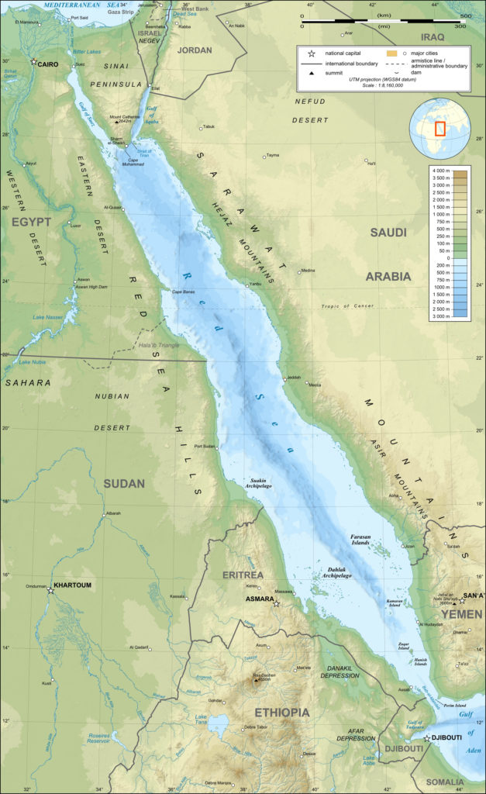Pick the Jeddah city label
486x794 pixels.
pos(293,378)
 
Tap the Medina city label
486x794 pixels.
pos(308,271)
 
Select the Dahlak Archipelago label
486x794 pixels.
pos(334,573)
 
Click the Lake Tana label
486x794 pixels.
pos(202,720)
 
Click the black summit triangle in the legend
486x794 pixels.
pos(311,72)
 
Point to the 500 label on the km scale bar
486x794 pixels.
pos(465,16)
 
